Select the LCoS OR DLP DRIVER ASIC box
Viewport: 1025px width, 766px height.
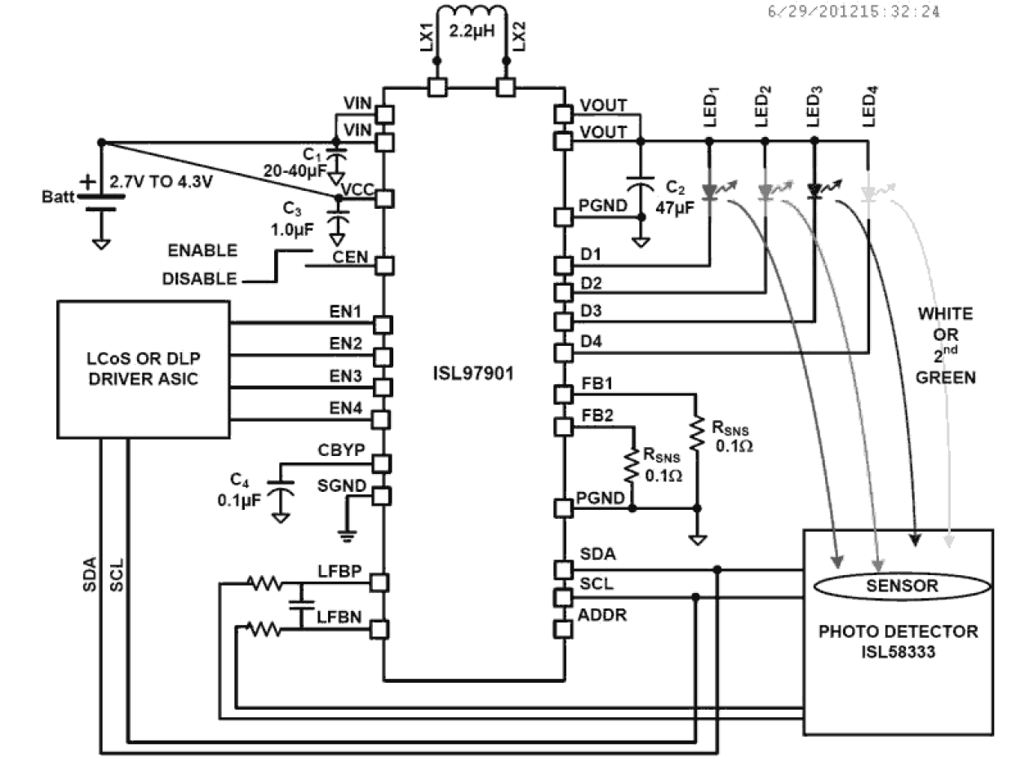coord(144,370)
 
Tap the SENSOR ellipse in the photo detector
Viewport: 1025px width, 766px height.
coord(902,586)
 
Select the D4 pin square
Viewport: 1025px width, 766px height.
coord(563,353)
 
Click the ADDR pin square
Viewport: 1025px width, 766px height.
coord(563,629)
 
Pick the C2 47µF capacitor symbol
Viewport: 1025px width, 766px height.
coord(641,186)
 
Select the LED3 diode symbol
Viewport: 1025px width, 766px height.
coord(814,192)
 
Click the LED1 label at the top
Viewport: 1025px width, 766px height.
coord(710,107)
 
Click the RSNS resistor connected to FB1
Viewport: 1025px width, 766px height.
coord(697,436)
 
